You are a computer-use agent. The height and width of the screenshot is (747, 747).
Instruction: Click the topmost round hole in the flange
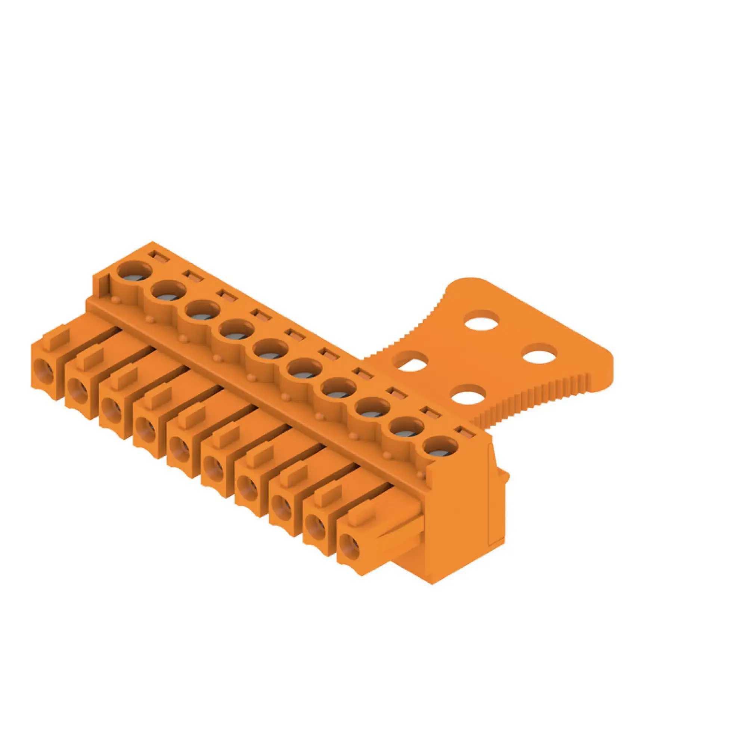481,320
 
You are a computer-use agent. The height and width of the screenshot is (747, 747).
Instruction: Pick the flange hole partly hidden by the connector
410,361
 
